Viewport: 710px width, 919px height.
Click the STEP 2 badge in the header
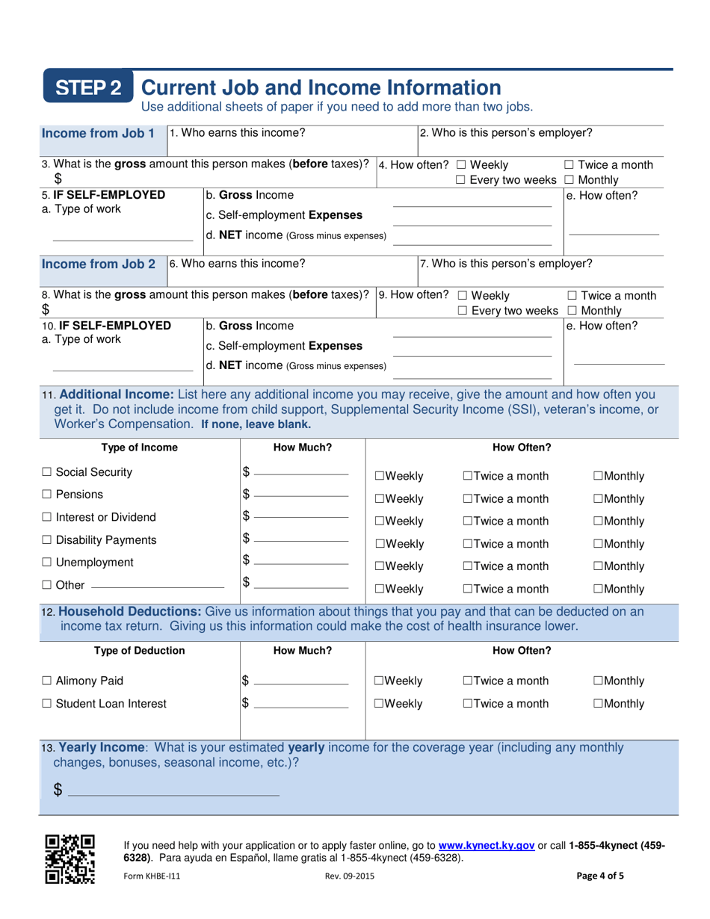click(89, 88)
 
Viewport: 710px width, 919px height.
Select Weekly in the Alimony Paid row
click(380, 681)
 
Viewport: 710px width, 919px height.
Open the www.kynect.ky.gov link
click(486, 846)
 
